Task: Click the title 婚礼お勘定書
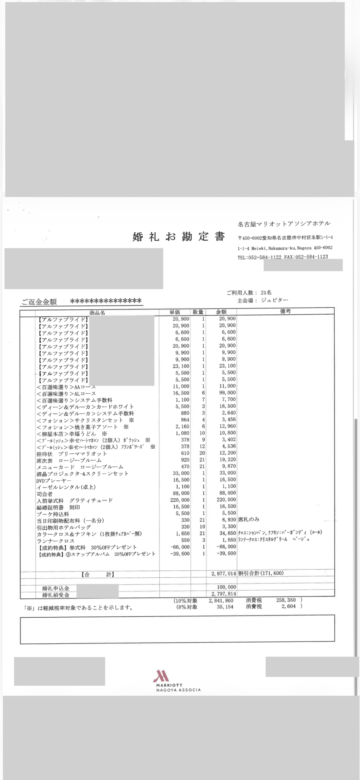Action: coord(179,237)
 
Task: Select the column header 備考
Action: coord(285,311)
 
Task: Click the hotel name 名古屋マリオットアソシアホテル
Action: coord(284,224)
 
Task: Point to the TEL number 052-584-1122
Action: coord(264,257)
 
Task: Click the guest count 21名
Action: coord(266,292)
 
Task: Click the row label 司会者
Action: coord(45,494)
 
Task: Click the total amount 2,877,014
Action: coord(224,573)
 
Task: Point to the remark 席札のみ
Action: coord(249,519)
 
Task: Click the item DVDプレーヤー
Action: coord(54,480)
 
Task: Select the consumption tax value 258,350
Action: coord(286,600)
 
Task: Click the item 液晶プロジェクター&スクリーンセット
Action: coord(82,474)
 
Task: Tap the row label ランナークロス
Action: coord(55,541)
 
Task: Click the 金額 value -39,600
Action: coord(226,554)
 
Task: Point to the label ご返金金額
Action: coord(39,302)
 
